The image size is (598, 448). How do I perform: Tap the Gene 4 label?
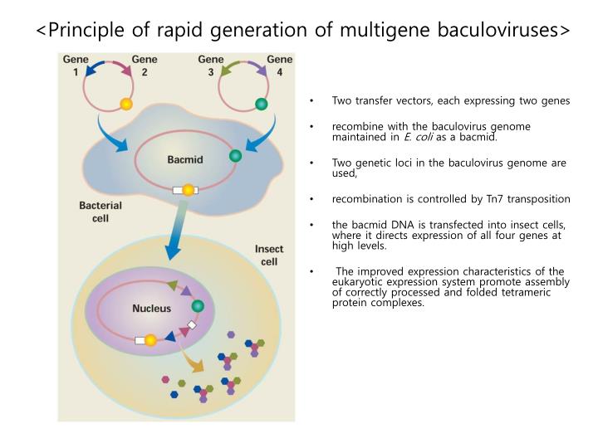[279, 66]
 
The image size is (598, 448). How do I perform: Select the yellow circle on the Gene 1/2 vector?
[126, 105]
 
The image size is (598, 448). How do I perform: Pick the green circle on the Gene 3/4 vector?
[261, 105]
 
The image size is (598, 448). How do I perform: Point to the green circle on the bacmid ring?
[236, 155]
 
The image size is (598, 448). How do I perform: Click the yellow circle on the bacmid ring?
[189, 190]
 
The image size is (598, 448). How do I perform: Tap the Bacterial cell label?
[100, 212]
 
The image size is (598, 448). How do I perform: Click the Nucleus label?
[152, 309]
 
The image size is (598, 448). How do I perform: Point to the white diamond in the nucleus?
[193, 325]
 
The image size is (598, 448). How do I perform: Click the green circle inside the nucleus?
[198, 306]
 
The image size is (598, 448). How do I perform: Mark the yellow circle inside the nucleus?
[150, 340]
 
